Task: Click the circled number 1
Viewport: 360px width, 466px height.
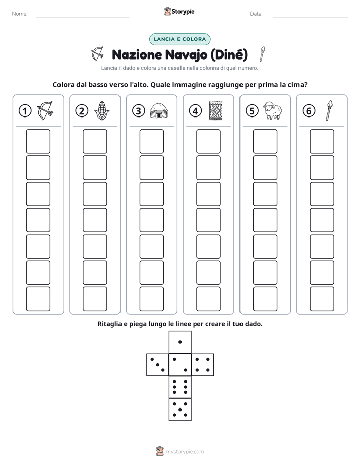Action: [x=25, y=111]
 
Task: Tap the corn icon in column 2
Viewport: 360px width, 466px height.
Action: [x=102, y=110]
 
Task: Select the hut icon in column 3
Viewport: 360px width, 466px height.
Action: [x=159, y=111]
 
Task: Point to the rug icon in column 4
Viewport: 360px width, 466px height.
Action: [x=216, y=111]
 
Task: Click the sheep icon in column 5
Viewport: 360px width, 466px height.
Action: [x=273, y=110]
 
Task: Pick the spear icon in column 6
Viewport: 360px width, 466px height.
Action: [x=329, y=110]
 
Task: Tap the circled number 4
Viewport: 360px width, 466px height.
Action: [x=195, y=111]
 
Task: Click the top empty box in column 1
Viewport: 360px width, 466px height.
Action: [x=38, y=141]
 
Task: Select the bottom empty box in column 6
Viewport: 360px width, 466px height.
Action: [x=322, y=299]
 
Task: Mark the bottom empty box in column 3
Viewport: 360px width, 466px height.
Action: [x=151, y=299]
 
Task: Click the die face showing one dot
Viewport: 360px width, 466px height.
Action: [x=180, y=342]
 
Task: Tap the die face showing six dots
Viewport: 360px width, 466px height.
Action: [x=180, y=387]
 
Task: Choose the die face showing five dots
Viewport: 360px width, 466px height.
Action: [x=180, y=409]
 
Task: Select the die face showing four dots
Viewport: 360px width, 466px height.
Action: [x=203, y=365]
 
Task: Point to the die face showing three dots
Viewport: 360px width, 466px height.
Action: [x=158, y=365]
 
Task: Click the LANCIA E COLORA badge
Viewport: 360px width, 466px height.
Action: [x=179, y=39]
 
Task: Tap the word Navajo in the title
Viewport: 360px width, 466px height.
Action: [x=186, y=55]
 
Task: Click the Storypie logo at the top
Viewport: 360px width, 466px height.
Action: [x=179, y=11]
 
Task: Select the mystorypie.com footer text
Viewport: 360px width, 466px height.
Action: [x=185, y=452]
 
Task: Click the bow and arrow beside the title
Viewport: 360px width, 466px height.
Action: [x=97, y=54]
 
